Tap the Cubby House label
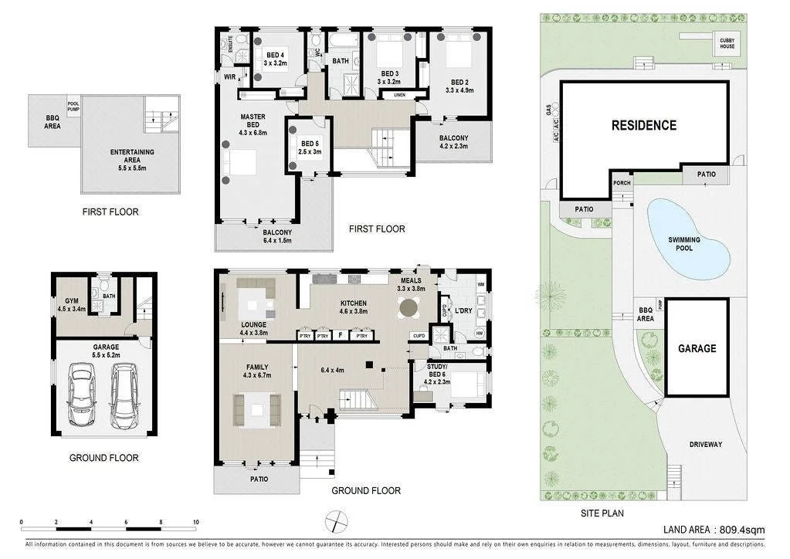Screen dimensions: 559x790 click(727, 43)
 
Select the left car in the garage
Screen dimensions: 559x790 click(80, 396)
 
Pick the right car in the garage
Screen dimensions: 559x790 click(124, 396)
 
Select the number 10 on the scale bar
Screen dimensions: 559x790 click(196, 521)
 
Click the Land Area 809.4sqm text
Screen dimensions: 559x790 click(714, 530)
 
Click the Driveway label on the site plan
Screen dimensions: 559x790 click(705, 445)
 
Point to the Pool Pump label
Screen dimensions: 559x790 click(73, 107)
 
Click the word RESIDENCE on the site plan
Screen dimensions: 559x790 click(643, 125)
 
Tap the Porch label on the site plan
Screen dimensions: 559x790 click(620, 183)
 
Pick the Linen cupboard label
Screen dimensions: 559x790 click(399, 95)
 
